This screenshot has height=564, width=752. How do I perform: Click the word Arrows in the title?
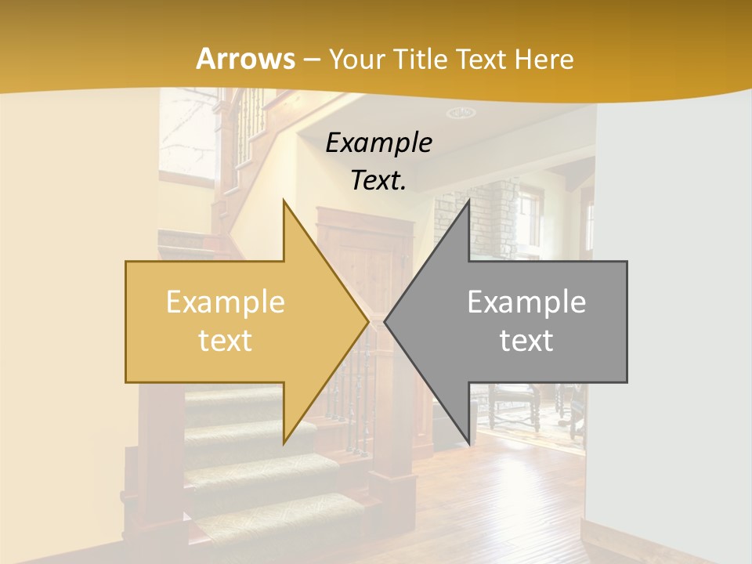(245, 59)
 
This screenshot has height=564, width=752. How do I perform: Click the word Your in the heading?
(356, 59)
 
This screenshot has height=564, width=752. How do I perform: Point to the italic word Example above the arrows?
(378, 143)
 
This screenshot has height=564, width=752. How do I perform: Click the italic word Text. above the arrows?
(378, 180)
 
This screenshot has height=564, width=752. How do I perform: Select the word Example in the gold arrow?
(225, 302)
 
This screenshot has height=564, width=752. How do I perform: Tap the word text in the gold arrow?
(225, 340)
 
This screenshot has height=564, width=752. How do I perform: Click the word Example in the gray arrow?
(526, 302)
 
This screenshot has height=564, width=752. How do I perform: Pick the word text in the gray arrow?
(526, 340)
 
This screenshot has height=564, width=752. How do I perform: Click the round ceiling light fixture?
(461, 113)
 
